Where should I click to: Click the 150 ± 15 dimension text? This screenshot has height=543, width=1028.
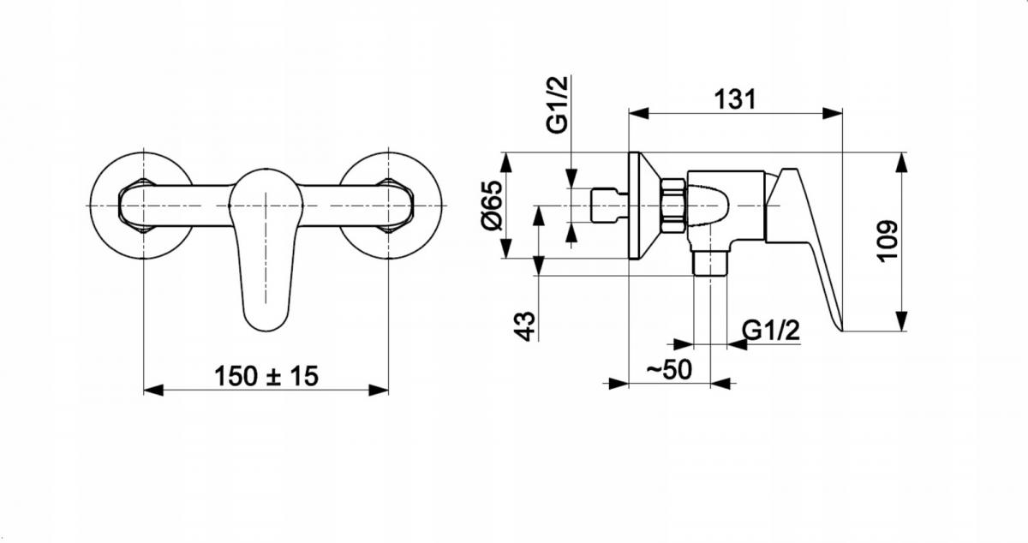(266, 376)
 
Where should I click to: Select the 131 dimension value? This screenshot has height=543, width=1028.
(735, 99)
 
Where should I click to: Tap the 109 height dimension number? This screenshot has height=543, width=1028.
(888, 242)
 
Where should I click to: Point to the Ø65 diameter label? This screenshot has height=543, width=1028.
(492, 206)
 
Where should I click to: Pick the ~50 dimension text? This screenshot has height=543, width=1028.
(669, 369)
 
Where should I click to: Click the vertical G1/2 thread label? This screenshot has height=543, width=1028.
(557, 104)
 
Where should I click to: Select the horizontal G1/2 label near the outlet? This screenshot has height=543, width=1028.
(771, 330)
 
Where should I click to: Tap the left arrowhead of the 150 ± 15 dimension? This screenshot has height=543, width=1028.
(153, 391)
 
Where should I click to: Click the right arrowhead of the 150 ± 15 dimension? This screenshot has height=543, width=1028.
(379, 391)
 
